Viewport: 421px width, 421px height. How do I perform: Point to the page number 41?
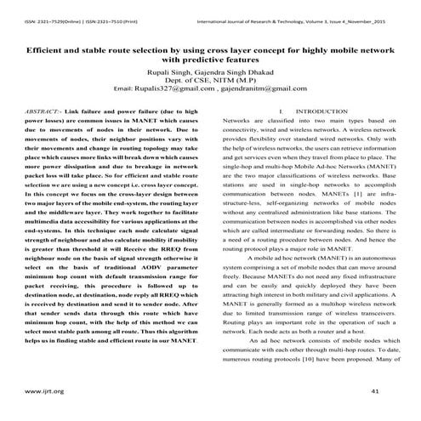[376, 391]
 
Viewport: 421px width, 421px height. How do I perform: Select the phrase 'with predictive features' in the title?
[210, 61]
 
